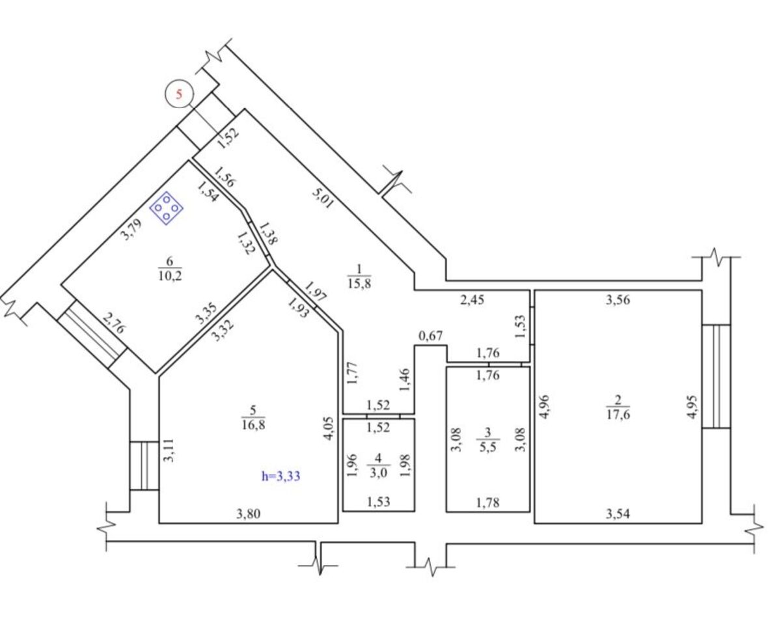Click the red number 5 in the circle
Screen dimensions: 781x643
(179, 94)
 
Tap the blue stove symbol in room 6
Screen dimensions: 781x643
(166, 208)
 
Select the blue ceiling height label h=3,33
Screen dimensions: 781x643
(281, 476)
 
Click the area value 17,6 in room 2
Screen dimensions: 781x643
(618, 414)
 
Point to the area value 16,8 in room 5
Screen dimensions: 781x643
(253, 424)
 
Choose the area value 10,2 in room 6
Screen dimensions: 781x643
(170, 276)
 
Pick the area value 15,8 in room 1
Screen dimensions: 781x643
(359, 283)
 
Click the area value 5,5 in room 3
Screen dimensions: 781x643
(488, 446)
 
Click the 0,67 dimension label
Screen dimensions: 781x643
(431, 336)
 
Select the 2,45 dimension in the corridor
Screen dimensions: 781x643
(472, 299)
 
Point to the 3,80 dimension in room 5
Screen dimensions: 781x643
(249, 513)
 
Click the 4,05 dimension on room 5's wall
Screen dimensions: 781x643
(329, 429)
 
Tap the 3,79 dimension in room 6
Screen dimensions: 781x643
(131, 229)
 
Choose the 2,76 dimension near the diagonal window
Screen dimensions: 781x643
(114, 323)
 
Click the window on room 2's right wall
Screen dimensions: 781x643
(716, 376)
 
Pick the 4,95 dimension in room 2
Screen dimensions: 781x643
(692, 407)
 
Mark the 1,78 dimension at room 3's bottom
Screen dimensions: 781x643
(487, 502)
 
